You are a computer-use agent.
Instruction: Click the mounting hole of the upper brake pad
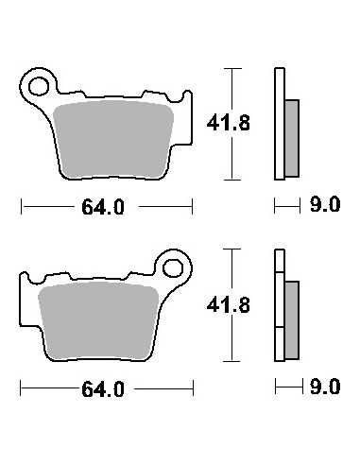coord(39,86)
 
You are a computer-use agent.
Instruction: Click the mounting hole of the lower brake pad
coord(173,268)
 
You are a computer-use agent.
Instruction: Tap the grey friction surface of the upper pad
coord(113,140)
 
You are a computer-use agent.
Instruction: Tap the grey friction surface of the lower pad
coord(98,321)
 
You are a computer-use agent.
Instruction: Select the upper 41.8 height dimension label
coord(229,123)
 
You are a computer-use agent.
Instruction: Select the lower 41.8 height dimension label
coord(229,305)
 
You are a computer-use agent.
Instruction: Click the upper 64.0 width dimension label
coord(103,207)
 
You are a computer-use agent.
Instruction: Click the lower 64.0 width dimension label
coord(103,389)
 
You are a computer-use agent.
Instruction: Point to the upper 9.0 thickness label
coord(325,204)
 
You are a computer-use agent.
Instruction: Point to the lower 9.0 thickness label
coord(325,387)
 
